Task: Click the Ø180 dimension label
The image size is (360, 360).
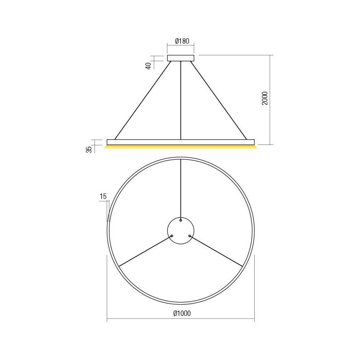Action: point(180,41)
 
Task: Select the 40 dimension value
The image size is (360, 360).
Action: point(148,65)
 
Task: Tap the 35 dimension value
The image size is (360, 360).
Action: point(89,149)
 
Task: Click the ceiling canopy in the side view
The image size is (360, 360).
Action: point(180,58)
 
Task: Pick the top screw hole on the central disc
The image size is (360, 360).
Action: point(180,220)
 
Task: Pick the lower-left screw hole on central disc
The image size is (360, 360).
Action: point(171,235)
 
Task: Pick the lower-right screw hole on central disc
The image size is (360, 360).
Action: point(190,235)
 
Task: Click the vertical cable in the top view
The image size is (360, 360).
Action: point(180,189)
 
